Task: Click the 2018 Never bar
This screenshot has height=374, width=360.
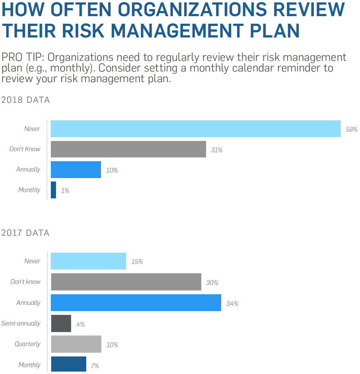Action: (195, 129)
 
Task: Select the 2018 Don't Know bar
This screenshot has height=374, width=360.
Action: (128, 149)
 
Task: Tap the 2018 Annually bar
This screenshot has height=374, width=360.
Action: (76, 169)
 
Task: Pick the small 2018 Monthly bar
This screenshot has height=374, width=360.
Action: (53, 190)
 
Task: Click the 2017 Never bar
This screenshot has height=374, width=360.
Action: (89, 261)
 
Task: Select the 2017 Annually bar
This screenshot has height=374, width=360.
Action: (136, 303)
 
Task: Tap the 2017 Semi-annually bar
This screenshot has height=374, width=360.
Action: (61, 323)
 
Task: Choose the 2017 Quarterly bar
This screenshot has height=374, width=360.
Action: (76, 344)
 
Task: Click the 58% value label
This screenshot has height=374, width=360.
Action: (352, 130)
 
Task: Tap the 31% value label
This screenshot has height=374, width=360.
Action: (217, 150)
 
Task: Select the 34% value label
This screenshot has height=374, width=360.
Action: (232, 304)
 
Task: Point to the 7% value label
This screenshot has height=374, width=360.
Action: (95, 366)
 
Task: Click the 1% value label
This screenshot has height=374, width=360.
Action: (65, 190)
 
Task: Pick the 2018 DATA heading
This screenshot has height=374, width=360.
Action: (26, 100)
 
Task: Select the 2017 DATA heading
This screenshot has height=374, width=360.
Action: (26, 233)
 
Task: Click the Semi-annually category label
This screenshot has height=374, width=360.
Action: (21, 323)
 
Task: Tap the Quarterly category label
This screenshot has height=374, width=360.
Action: (27, 344)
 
